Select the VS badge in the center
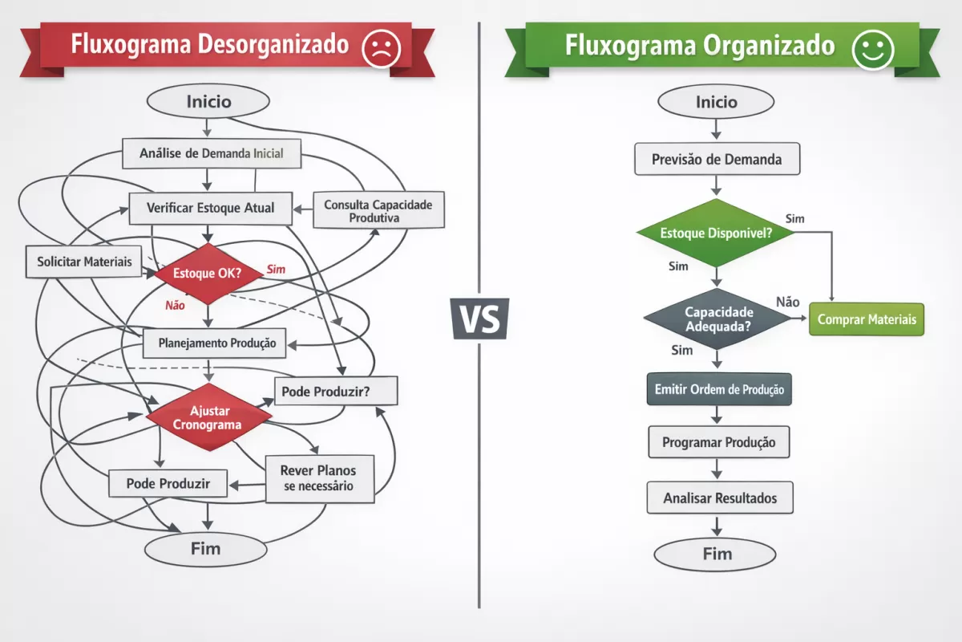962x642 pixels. pyautogui.click(x=479, y=319)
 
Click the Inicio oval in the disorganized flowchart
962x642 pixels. pyautogui.click(x=208, y=102)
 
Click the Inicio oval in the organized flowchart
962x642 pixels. pyautogui.click(x=716, y=103)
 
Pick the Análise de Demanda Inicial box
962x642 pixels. pyautogui.click(x=211, y=152)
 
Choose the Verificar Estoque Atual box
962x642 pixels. pyautogui.click(x=210, y=208)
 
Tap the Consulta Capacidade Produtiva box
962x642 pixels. pyautogui.click(x=378, y=211)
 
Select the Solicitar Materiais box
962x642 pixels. pyautogui.click(x=84, y=262)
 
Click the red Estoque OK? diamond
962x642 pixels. pyautogui.click(x=208, y=274)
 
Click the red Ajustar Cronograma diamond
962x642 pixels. pyautogui.click(x=210, y=416)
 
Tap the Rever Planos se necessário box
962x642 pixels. pyautogui.click(x=317, y=478)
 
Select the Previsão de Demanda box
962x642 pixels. pyautogui.click(x=717, y=159)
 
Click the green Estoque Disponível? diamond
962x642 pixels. pyautogui.click(x=716, y=233)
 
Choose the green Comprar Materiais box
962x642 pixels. pyautogui.click(x=867, y=319)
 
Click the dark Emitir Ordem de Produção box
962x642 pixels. pyautogui.click(x=718, y=389)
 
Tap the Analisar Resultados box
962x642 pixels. pyautogui.click(x=719, y=498)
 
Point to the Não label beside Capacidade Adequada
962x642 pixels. pyautogui.click(x=787, y=302)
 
